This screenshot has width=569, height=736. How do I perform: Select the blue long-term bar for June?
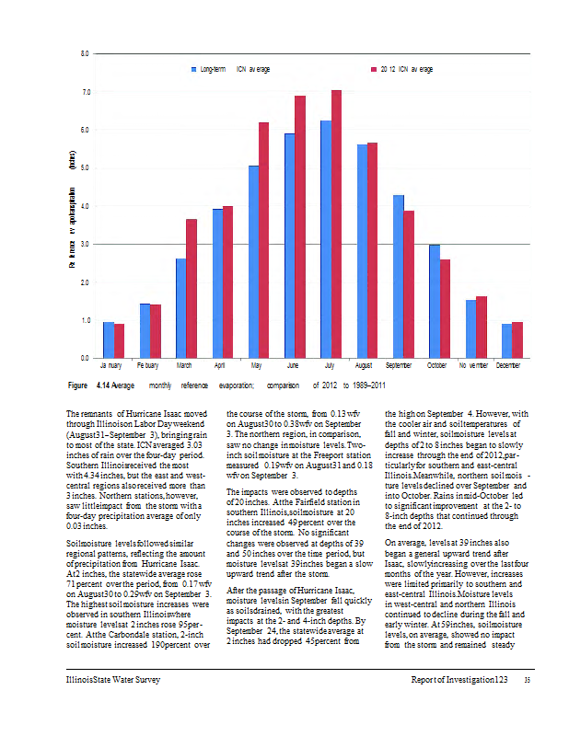click(x=289, y=245)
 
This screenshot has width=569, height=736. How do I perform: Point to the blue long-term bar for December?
click(x=506, y=340)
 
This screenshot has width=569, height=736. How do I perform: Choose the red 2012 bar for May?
click(x=264, y=239)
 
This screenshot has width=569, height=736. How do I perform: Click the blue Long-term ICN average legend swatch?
click(x=193, y=69)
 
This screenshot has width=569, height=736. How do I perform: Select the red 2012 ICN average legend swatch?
click(x=373, y=69)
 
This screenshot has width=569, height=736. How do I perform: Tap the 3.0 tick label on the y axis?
click(x=85, y=244)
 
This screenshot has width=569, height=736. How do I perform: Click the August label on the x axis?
click(x=364, y=366)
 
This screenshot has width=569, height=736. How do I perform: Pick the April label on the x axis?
click(x=219, y=366)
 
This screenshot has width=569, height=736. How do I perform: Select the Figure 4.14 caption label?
click(x=89, y=385)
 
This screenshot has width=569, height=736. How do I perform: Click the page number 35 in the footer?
click(x=527, y=680)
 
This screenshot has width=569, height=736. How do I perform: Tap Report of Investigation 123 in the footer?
click(x=459, y=679)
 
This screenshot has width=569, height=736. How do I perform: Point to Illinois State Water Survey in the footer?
click(x=107, y=679)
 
